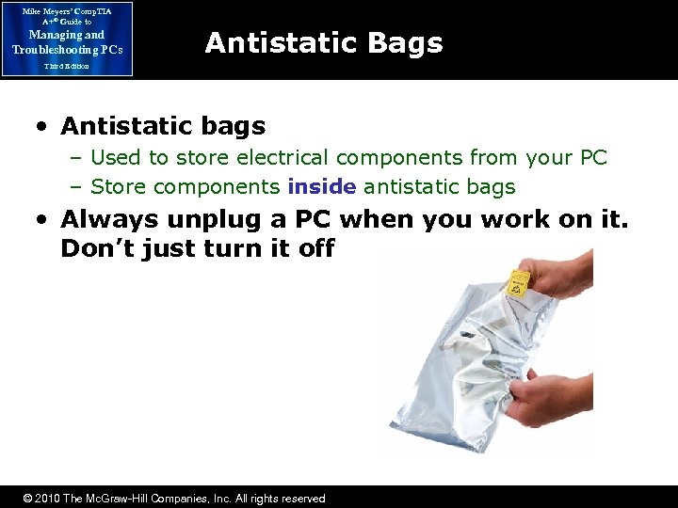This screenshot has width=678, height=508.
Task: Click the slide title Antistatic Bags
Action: (x=323, y=42)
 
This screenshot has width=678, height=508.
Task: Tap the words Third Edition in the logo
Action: (x=66, y=67)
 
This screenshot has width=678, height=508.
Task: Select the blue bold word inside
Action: (x=322, y=187)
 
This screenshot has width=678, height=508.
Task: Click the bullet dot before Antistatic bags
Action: (x=46, y=126)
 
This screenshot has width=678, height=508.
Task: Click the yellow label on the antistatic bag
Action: (x=520, y=280)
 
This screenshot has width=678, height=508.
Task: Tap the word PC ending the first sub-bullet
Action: (x=592, y=158)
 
